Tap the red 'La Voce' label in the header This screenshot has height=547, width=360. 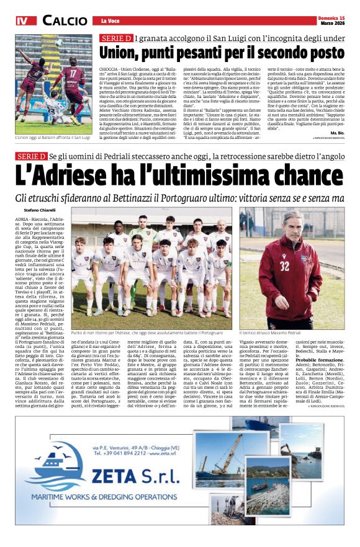[x=109, y=21]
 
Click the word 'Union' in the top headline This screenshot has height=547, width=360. [x=122, y=52]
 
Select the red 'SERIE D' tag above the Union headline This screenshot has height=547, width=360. [x=115, y=38]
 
